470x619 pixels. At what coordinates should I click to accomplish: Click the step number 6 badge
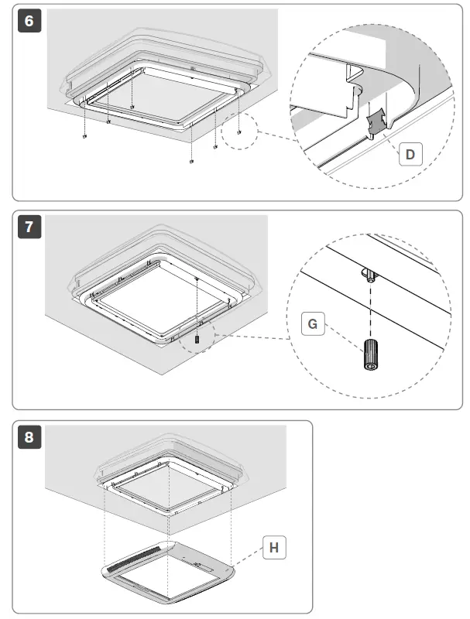tap(29, 21)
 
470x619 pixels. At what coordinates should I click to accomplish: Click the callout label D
tap(410, 154)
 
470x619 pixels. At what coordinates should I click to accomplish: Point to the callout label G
tap(312, 324)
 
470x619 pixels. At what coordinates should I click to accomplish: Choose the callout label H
tap(273, 549)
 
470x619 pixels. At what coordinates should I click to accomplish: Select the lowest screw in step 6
tap(190, 162)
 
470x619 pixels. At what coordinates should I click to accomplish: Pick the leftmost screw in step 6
tap(82, 136)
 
